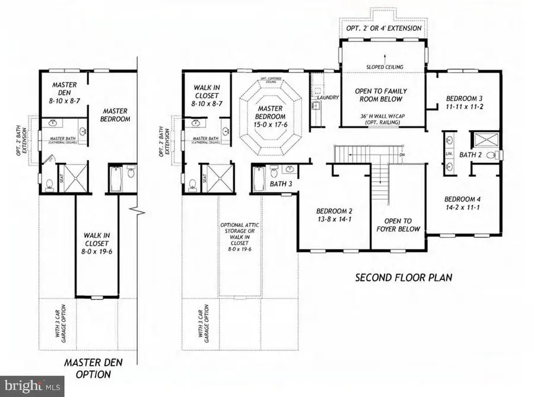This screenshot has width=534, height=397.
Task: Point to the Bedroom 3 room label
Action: (x=460, y=103)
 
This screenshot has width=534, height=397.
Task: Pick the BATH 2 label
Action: (x=472, y=155)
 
